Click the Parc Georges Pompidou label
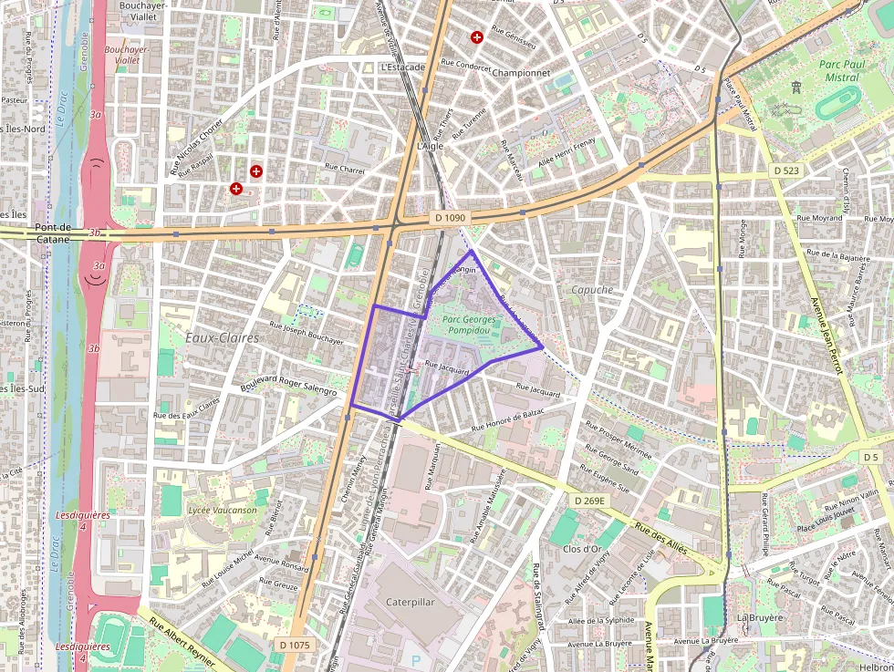click(x=469, y=325)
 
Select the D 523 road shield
click(x=786, y=171)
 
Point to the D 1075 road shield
click(x=295, y=645)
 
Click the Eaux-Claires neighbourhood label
click(x=222, y=337)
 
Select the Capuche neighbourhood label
click(x=592, y=290)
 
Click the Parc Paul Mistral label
click(x=839, y=70)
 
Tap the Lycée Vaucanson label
click(x=222, y=511)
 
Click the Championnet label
click(x=520, y=72)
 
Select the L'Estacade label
click(x=402, y=67)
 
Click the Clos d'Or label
click(x=582, y=549)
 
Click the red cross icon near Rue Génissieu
click(x=476, y=37)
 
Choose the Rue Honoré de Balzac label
click(x=507, y=420)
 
